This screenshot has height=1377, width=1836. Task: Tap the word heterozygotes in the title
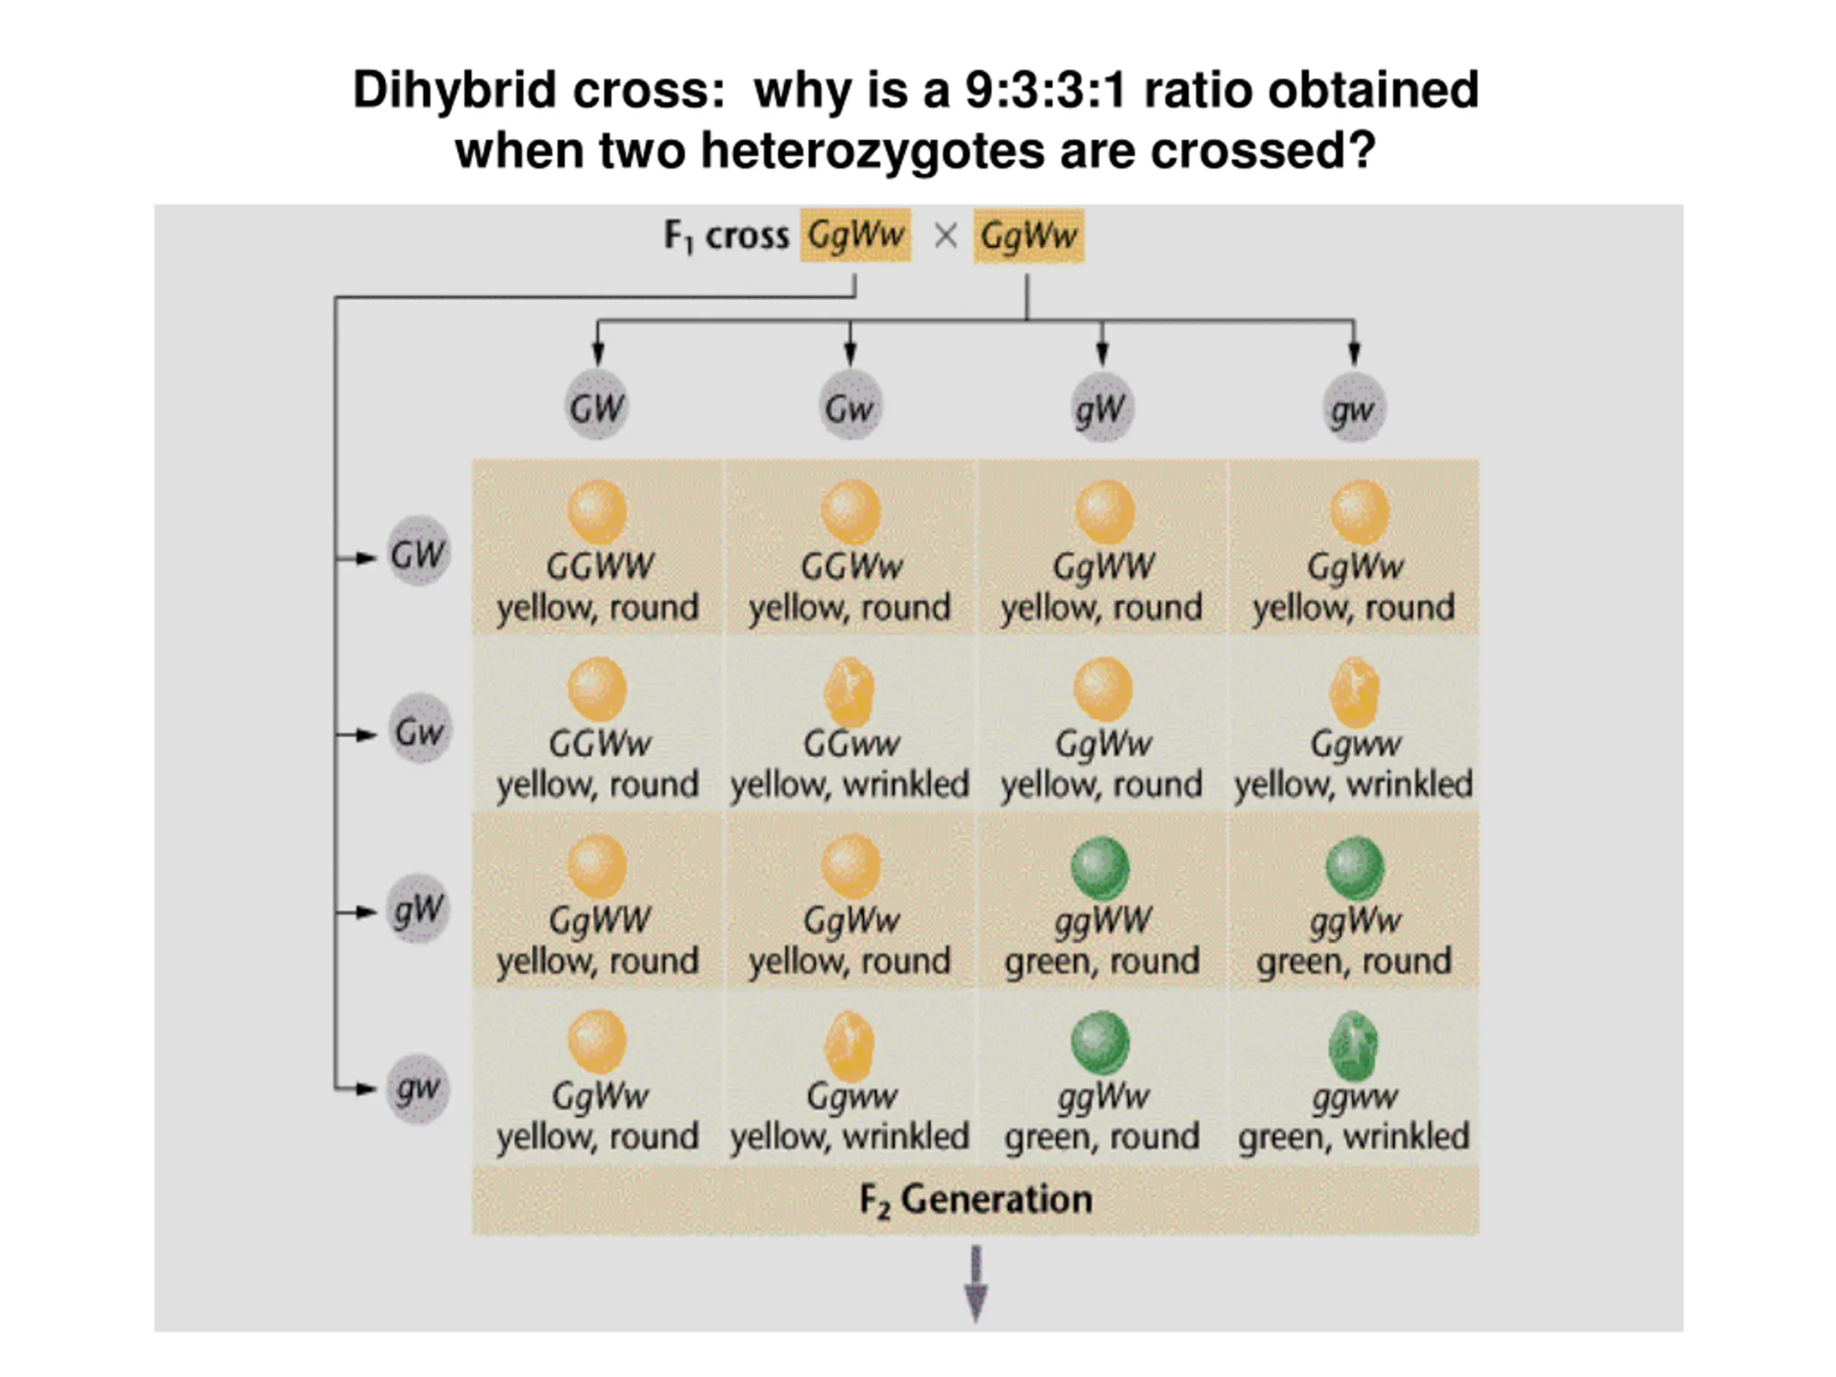871,151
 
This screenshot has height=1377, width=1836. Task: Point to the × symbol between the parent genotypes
945,237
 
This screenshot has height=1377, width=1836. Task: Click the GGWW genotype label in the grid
600,567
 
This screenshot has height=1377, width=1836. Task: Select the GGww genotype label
851,744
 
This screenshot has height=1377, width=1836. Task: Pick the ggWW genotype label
1102,919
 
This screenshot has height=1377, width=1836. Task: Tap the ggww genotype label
1355,1097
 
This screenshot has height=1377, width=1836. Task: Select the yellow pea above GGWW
597,512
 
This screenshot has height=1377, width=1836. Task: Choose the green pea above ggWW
1101,867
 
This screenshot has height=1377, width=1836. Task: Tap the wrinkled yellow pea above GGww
849,691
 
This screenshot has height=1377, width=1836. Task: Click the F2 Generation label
975,1200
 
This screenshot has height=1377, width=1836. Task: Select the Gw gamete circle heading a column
850,407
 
